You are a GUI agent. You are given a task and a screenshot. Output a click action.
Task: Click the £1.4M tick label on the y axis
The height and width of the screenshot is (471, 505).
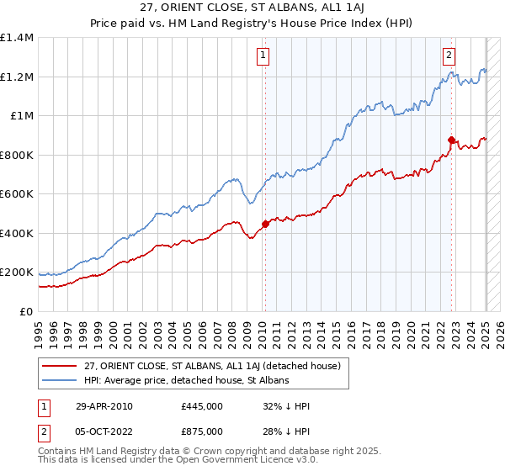17,38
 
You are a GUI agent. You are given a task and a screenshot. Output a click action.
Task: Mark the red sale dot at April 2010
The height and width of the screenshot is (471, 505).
265,225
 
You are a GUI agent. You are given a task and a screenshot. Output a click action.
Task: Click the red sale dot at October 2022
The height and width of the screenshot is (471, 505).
451,140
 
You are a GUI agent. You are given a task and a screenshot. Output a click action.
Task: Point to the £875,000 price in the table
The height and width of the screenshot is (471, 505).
201,431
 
